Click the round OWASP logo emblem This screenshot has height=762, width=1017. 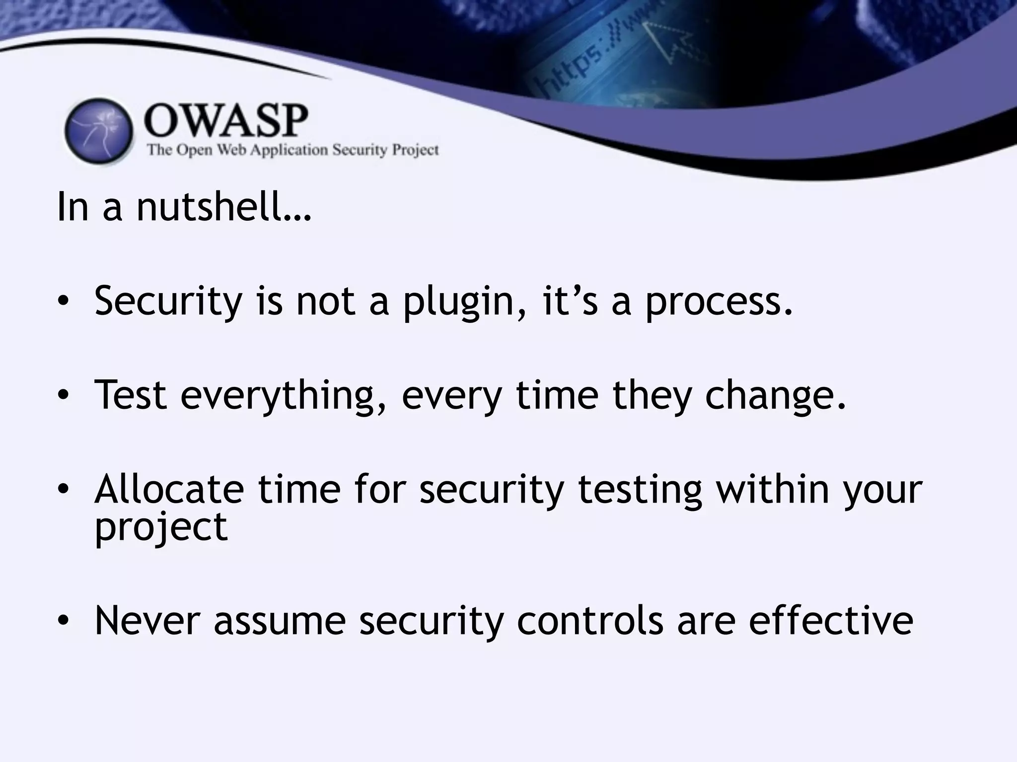point(99,131)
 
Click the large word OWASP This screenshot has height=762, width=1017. point(226,122)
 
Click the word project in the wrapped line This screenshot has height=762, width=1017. point(161,527)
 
